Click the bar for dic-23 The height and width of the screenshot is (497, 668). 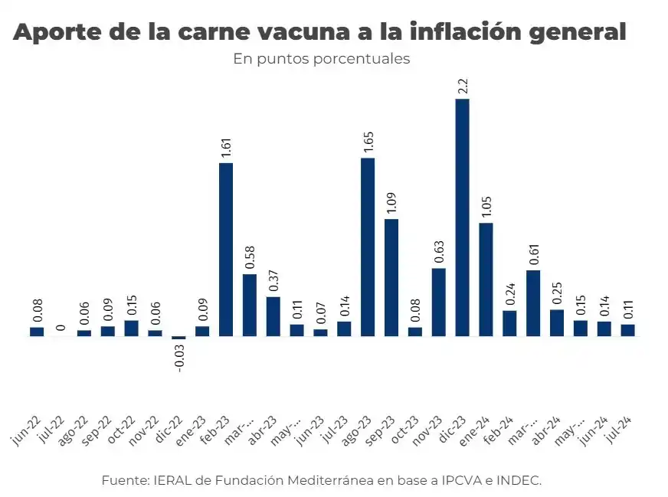[462, 217]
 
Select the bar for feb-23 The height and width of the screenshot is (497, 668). [226, 249]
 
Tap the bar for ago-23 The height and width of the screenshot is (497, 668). [368, 247]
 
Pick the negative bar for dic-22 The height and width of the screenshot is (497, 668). [178, 338]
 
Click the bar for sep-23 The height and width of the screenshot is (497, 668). [391, 277]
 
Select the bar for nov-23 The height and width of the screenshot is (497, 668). [439, 302]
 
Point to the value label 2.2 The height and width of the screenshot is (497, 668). [463, 85]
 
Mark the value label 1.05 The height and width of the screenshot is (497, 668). [486, 207]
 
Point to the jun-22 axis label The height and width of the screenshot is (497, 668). [27, 430]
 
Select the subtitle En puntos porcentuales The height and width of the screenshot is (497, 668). [322, 59]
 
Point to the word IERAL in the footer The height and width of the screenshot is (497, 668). [168, 480]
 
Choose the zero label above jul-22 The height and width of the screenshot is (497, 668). [61, 329]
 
